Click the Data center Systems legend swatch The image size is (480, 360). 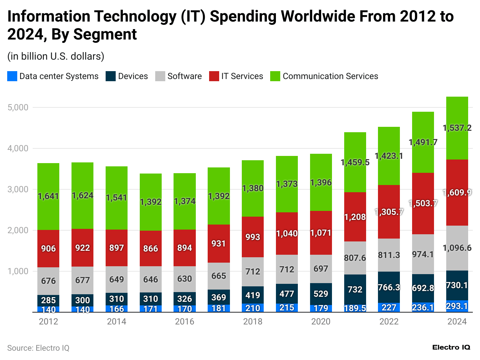coord(12,76)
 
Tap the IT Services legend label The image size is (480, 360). coord(242,76)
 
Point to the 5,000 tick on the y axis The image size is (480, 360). coord(18,107)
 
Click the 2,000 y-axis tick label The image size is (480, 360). coord(18,230)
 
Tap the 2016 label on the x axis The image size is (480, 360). coord(185,322)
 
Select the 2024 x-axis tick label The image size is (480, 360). coord(457,322)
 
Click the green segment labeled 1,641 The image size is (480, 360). coord(49,197)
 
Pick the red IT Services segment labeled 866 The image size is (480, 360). coord(151,248)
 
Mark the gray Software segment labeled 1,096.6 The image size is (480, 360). coord(457,248)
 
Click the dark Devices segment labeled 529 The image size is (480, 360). coord(321,294)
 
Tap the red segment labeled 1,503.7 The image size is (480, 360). coord(423,203)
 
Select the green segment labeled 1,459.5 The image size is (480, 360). coord(355,162)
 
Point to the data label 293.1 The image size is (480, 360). coord(457,306)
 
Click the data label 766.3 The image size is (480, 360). coord(389,287)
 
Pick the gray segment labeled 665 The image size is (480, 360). coord(219,276)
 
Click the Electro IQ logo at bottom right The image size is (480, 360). coord(451,347)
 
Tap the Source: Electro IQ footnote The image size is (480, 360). coord(38,348)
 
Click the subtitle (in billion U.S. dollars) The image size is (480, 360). coord(56,56)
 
